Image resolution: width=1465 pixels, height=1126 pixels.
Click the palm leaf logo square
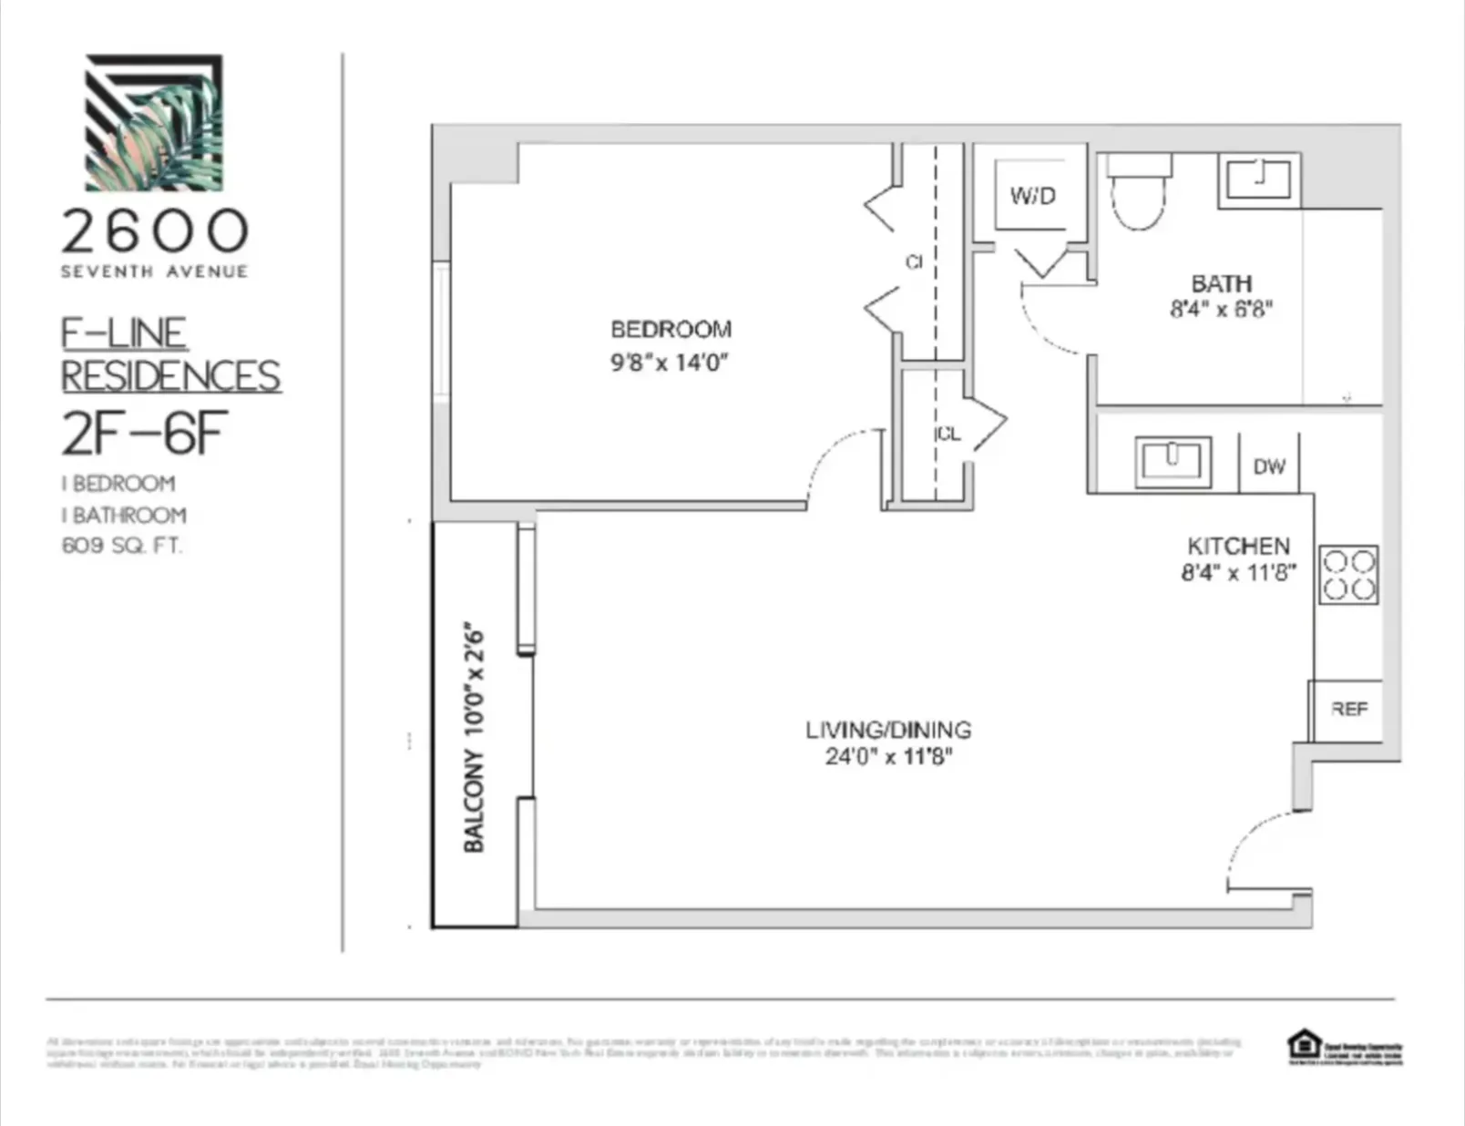154,122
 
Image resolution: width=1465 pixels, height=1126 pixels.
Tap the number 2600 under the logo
154,231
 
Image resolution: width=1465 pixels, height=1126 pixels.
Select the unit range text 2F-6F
144,434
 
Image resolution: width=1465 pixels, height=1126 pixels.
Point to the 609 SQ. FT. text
121,546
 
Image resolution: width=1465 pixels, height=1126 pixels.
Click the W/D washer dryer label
1032,195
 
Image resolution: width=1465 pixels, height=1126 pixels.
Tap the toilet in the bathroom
1138,193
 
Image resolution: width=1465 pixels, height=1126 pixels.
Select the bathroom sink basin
1258,179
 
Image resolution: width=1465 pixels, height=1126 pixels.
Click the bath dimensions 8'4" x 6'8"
1221,309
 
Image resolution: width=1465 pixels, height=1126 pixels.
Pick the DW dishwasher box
1268,466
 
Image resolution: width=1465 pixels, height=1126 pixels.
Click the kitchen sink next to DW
1173,460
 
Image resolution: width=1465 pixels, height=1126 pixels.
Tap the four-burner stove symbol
1348,575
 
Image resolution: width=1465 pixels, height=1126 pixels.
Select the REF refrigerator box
1348,709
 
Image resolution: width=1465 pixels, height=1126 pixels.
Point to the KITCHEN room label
1238,546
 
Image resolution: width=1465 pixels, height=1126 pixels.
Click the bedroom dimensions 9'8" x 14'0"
670,363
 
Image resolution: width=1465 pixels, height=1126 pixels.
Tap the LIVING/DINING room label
888,730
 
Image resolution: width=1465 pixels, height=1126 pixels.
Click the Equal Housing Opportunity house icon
1304,1044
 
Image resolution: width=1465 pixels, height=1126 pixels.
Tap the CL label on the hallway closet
948,434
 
